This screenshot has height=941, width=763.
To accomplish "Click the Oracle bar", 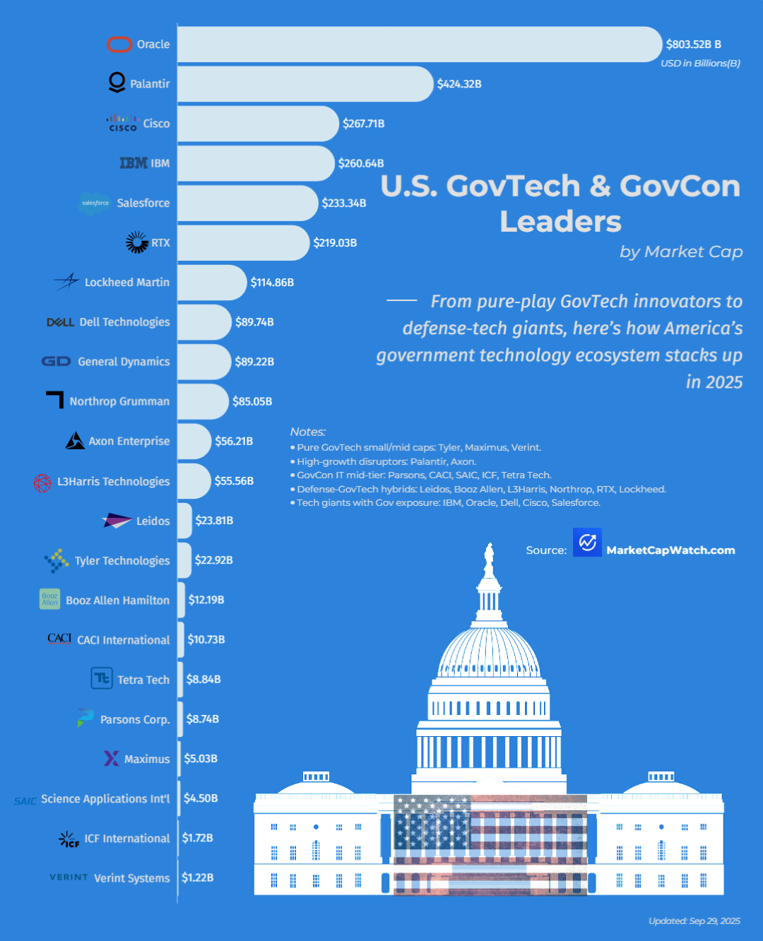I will [x=420, y=45].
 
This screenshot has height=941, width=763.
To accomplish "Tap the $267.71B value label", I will [x=364, y=124].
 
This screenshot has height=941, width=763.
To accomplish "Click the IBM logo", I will [x=133, y=163].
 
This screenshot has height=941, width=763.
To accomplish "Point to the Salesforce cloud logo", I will [x=95, y=203].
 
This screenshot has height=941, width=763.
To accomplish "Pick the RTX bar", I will [x=243, y=243].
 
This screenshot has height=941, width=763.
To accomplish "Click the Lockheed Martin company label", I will [x=127, y=283].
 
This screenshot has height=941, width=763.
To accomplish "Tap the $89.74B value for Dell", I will [x=254, y=322].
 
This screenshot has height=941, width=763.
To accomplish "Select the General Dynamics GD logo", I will [x=56, y=362].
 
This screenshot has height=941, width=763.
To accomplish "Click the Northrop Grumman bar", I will [x=203, y=401].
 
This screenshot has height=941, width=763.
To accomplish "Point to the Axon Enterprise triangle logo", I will [x=75, y=441].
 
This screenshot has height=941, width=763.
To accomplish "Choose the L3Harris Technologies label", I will [x=114, y=481].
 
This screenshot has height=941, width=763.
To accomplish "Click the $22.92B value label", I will [x=214, y=560].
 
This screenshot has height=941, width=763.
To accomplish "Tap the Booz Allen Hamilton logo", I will [x=49, y=599].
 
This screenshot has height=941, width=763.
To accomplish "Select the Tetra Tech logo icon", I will [x=102, y=678].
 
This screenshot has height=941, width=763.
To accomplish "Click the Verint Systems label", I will [x=132, y=878].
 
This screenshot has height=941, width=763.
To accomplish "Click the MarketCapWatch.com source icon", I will [x=587, y=543].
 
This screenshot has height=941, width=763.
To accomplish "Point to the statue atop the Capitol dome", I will [x=488, y=560].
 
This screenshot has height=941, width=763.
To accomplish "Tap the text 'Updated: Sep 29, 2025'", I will [x=694, y=921].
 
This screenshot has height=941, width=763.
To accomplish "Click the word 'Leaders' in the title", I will [x=561, y=222].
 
